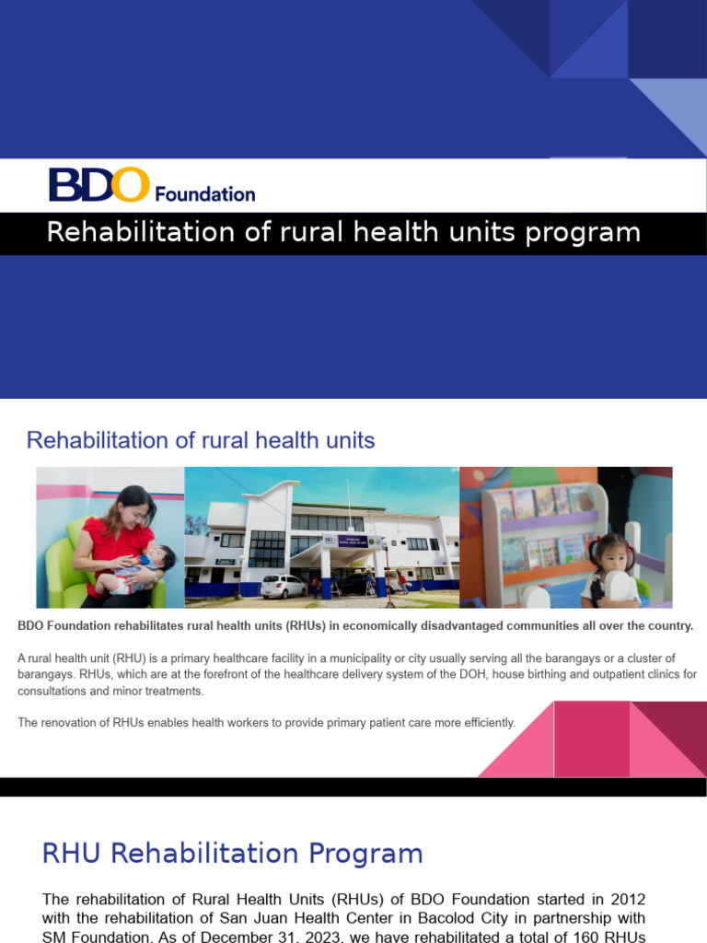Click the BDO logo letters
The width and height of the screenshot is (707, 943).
tap(99, 185)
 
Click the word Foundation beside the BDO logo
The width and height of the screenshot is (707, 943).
tap(204, 194)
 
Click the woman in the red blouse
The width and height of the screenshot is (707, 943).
tap(118, 543)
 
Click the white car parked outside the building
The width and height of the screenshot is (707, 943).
tap(284, 587)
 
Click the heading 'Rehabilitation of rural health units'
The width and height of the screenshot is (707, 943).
tap(201, 440)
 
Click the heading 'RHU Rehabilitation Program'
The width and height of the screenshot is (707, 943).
tap(232, 854)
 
